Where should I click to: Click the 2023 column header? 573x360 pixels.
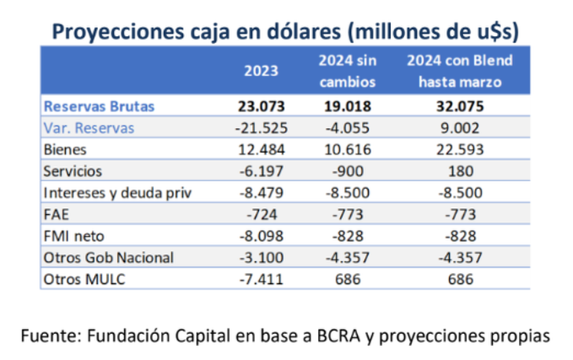(x=262, y=71)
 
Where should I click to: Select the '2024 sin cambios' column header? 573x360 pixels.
(x=348, y=71)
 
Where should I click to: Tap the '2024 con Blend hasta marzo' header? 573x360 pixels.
(x=454, y=71)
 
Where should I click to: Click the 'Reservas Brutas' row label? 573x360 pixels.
(x=99, y=107)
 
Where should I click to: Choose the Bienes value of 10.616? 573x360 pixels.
(x=348, y=149)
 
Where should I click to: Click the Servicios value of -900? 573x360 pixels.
(x=348, y=170)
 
